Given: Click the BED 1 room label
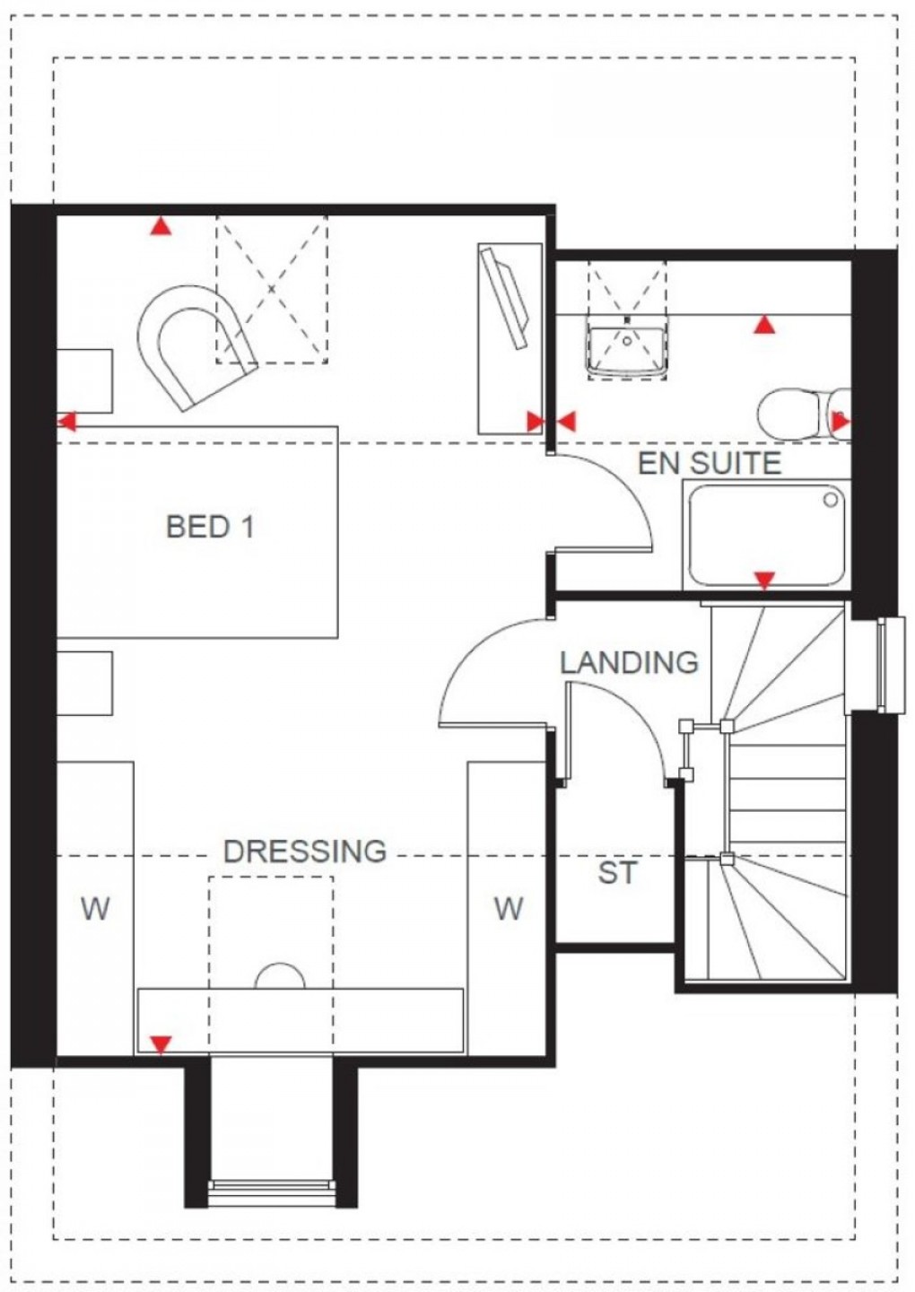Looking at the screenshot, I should tap(210, 526).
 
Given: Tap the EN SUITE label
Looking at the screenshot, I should tap(709, 463).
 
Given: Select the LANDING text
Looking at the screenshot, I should tap(629, 662).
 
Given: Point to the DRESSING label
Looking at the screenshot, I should tap(305, 850).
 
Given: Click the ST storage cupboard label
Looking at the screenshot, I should tap(616, 872).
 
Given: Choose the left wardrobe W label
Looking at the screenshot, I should tap(95, 909).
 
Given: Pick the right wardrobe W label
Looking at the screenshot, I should tap(508, 909).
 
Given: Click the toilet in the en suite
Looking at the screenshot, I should tap(801, 414).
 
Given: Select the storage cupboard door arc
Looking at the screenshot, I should tap(628, 727).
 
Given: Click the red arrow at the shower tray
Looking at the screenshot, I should tap(763, 581).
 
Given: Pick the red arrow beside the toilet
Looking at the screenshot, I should tap(841, 420).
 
